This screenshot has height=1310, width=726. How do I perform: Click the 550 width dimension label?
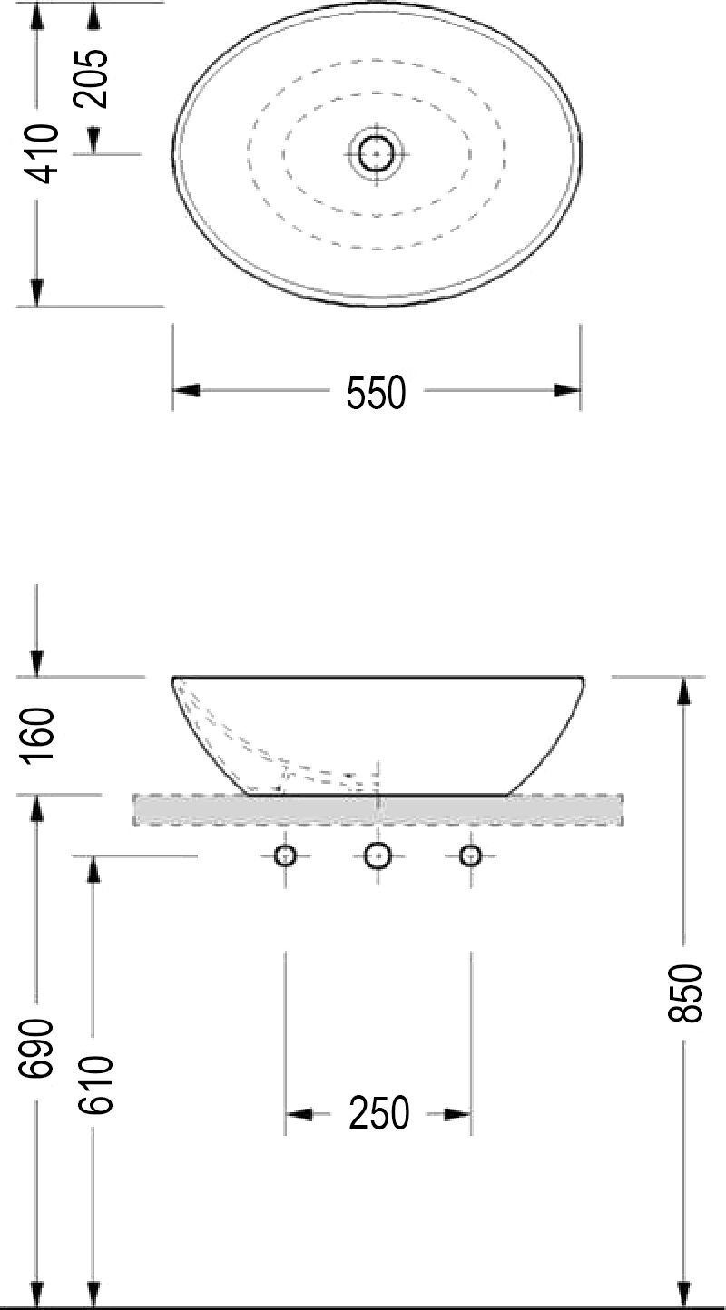376,392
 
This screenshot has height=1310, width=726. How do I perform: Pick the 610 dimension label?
94,1087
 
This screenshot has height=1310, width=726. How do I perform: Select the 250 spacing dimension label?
379,1113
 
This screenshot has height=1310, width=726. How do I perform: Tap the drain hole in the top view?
376,154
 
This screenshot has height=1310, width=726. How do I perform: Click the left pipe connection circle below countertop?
286,855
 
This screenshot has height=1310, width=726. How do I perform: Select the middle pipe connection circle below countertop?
377,855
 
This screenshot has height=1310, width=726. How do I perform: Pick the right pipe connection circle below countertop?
470,855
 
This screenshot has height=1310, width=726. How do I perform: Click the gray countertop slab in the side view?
378,809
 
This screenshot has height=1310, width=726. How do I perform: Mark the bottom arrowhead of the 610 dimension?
92,1292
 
